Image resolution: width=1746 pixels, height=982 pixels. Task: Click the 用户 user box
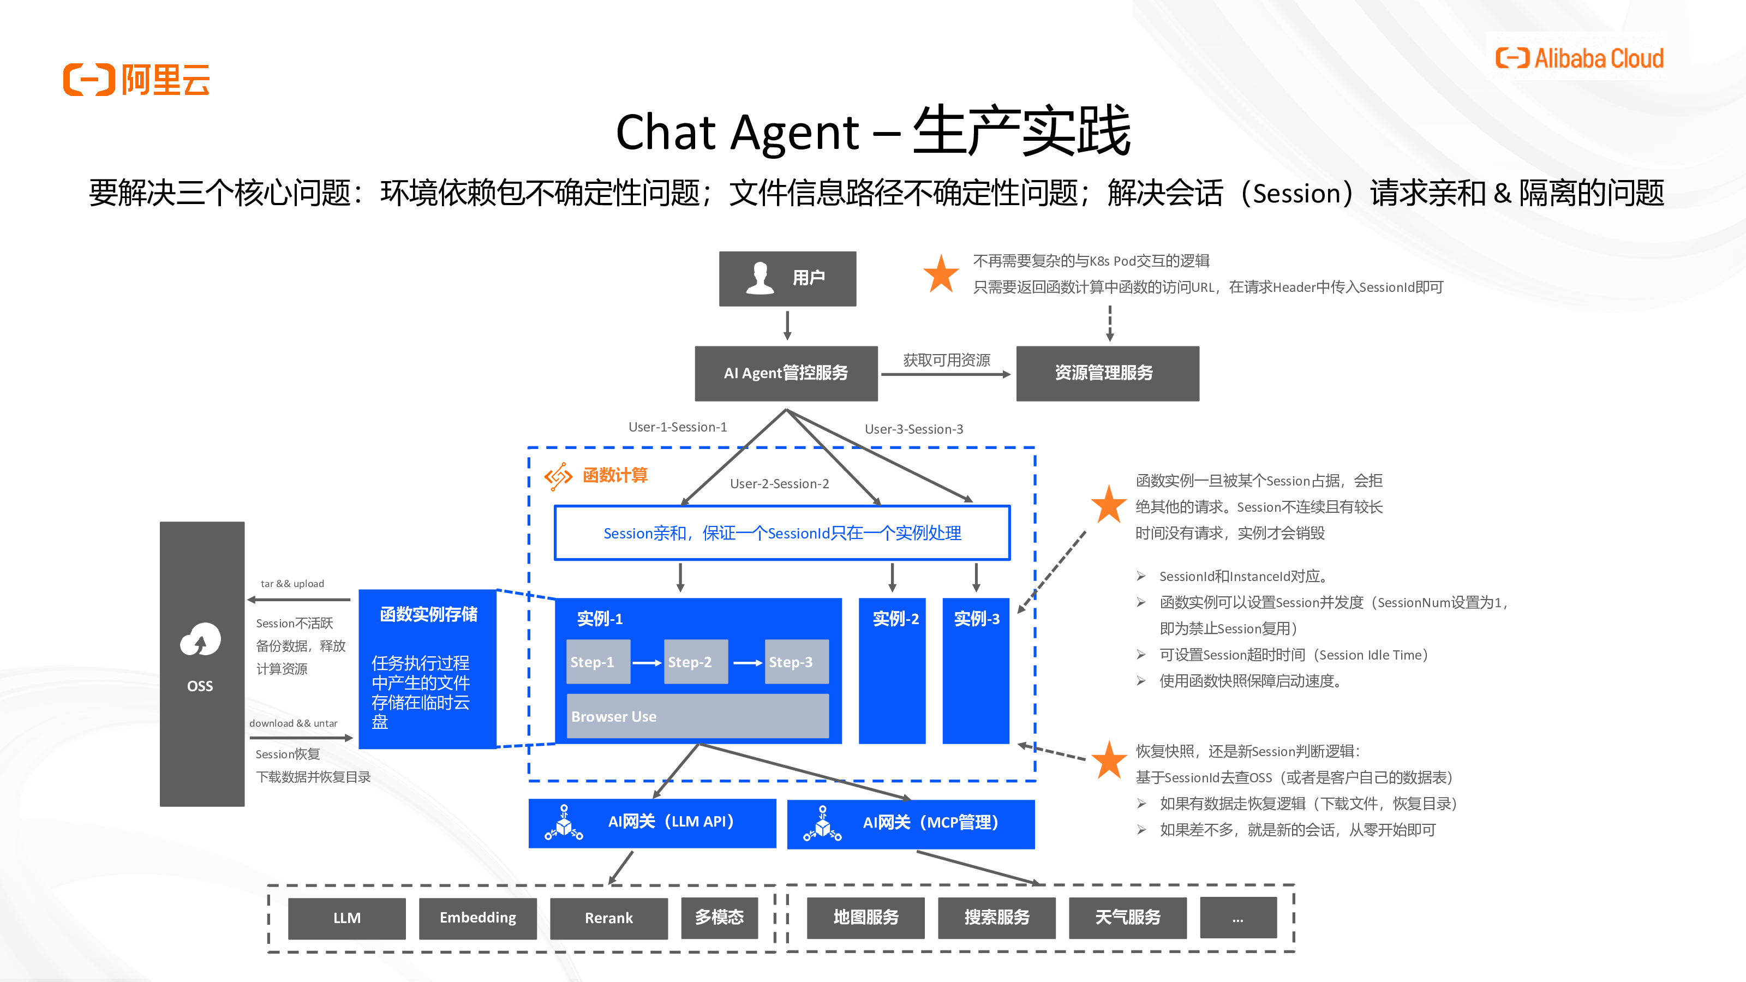coord(787,279)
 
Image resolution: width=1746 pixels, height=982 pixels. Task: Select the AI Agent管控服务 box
coord(786,373)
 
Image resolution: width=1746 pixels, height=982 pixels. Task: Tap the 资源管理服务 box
coord(1107,373)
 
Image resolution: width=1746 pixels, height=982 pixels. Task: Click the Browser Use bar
coord(697,716)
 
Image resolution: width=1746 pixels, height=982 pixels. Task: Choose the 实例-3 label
coord(976,619)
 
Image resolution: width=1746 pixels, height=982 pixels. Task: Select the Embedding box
coord(477,918)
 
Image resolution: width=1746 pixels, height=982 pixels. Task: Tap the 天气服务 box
coord(1127,918)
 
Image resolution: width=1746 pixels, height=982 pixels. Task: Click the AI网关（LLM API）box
coord(652,823)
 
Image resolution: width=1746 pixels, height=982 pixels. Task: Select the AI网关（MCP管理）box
coord(910,823)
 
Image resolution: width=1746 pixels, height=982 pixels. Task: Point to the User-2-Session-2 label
coord(780,484)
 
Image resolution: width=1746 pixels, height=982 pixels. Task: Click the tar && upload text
coord(292,584)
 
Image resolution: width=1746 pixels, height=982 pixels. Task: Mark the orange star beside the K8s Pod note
coord(941,274)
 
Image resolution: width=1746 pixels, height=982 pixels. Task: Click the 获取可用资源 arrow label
coord(946,360)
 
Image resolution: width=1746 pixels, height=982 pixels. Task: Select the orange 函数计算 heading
coord(615,476)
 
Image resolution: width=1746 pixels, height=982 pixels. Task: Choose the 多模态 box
coord(719,918)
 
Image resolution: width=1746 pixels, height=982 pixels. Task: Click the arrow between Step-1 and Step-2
coord(647,663)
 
